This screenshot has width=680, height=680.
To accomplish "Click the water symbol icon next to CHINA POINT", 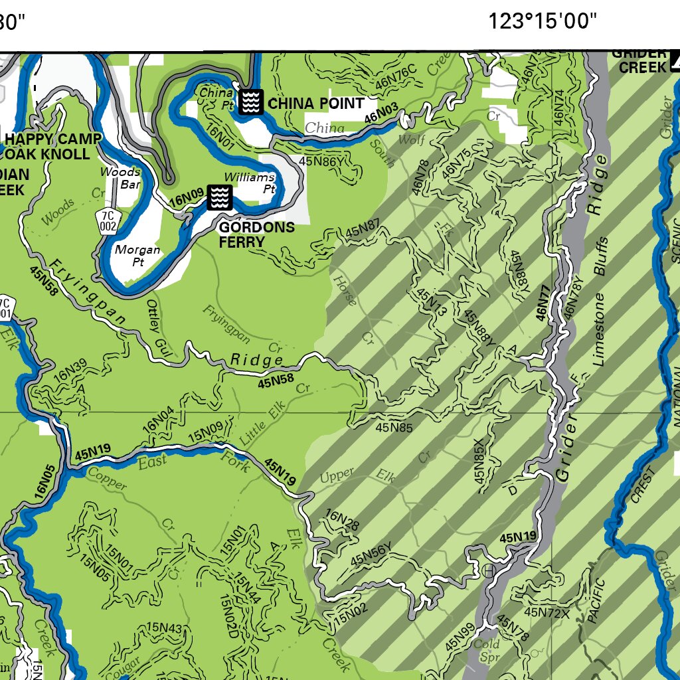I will click(x=250, y=102).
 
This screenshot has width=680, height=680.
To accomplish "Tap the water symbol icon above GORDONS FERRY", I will click(x=220, y=197).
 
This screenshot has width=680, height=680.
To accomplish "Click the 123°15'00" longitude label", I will click(x=543, y=21).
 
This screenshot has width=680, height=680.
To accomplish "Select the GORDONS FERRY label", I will click(x=256, y=234).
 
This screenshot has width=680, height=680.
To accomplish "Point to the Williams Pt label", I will click(x=249, y=183).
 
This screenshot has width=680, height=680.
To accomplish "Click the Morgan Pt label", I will click(x=137, y=256).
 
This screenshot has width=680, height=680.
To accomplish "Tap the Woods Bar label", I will click(x=120, y=178).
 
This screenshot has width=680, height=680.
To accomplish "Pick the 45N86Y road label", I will click(x=321, y=161).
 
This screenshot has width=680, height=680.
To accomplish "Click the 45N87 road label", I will click(x=363, y=232).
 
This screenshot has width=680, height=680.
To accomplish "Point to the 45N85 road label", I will click(x=394, y=428).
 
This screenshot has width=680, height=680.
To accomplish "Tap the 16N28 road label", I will click(x=343, y=521).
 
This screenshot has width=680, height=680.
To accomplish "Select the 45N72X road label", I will click(x=547, y=612).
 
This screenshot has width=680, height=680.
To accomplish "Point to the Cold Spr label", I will click(x=486, y=650).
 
